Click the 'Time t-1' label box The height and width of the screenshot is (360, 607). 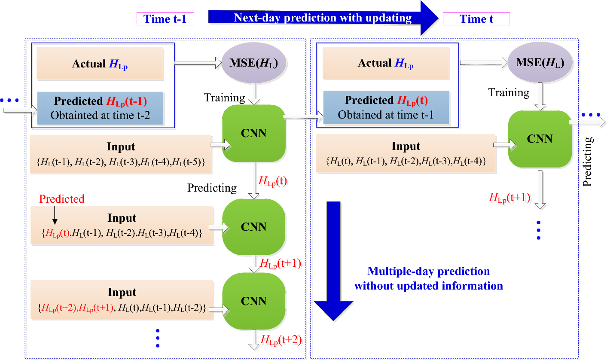(165, 19)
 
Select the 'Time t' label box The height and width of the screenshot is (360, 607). (476, 19)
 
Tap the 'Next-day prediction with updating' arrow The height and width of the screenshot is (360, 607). (322, 18)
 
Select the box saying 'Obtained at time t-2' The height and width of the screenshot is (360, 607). (100, 108)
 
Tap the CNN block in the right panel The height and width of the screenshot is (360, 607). (540, 139)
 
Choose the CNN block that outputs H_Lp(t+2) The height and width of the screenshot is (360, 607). (253, 301)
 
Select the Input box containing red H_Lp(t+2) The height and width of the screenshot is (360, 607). (122, 300)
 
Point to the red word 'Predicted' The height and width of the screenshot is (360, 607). (62, 199)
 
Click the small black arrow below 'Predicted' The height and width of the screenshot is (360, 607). (55, 215)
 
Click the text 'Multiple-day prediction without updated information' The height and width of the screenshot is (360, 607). (428, 278)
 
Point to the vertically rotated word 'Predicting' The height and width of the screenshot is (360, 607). (588, 162)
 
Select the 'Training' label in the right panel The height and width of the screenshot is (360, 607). (509, 92)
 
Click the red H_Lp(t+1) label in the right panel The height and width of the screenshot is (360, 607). (509, 198)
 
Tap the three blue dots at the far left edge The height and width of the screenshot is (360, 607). (9, 101)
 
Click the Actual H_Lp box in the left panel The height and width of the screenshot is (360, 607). (100, 64)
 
